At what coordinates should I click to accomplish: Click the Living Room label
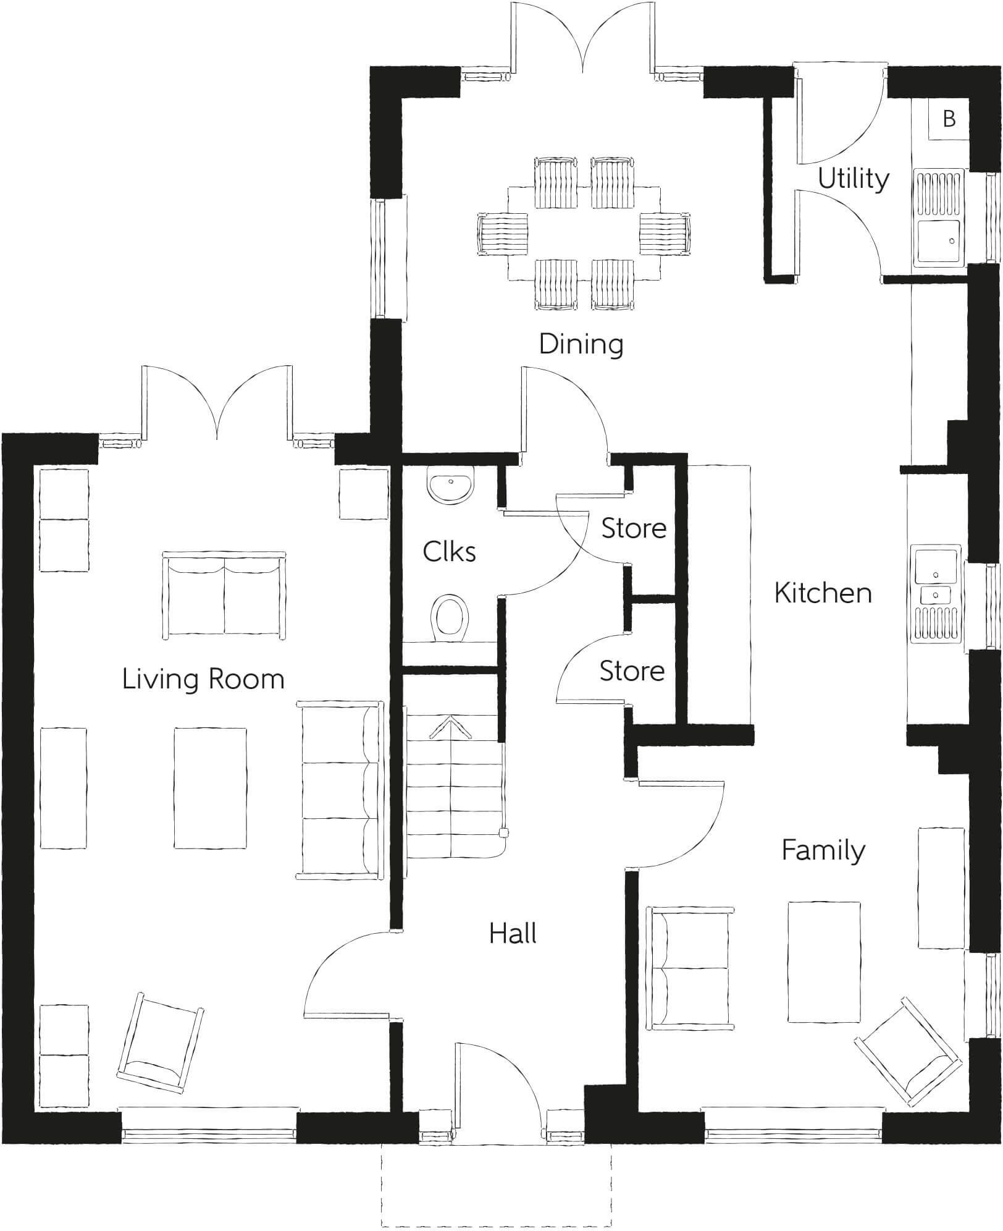pos(203,679)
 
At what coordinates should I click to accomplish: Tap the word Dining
pos(581,344)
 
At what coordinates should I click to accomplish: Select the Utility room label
pos(854,179)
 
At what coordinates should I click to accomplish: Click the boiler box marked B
pos(949,119)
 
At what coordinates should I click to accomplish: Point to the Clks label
pos(449,552)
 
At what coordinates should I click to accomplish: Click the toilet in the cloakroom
pos(451,618)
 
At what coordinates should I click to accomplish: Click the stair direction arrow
pos(450,728)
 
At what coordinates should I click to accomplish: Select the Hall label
pos(513,933)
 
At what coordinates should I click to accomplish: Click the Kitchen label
pos(823,593)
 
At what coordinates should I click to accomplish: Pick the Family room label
pos(823,850)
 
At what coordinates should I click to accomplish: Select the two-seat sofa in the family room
pos(690,968)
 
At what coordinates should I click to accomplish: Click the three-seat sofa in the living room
pos(340,789)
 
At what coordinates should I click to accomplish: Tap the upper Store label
pos(634,528)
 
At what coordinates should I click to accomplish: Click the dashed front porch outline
pos(496,1184)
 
